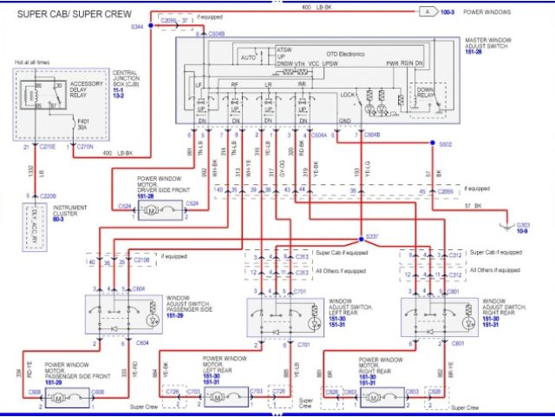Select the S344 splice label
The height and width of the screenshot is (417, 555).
pos(137,27)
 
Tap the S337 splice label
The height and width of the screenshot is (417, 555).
pos(372,236)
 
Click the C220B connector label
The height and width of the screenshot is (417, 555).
pos(49,195)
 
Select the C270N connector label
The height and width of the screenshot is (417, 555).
pos(85,147)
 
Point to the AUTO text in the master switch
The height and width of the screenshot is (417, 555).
pos(248,57)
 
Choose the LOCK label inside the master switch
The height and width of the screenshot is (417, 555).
pos(349,93)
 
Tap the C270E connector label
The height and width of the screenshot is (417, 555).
pos(49,147)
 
